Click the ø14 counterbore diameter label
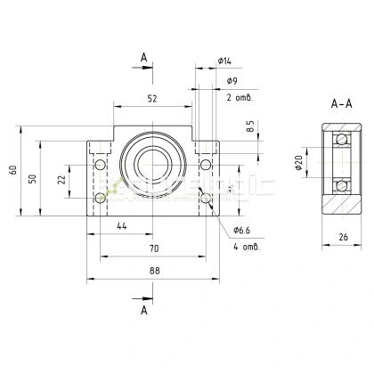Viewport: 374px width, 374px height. pos(224,61)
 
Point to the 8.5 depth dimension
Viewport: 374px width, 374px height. pos(250,128)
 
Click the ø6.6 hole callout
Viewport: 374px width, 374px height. pos(243,230)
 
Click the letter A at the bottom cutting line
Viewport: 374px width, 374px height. pos(143,310)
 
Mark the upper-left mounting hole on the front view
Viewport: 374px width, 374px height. pos(99,166)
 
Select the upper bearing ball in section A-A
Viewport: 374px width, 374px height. pos(338,141)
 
